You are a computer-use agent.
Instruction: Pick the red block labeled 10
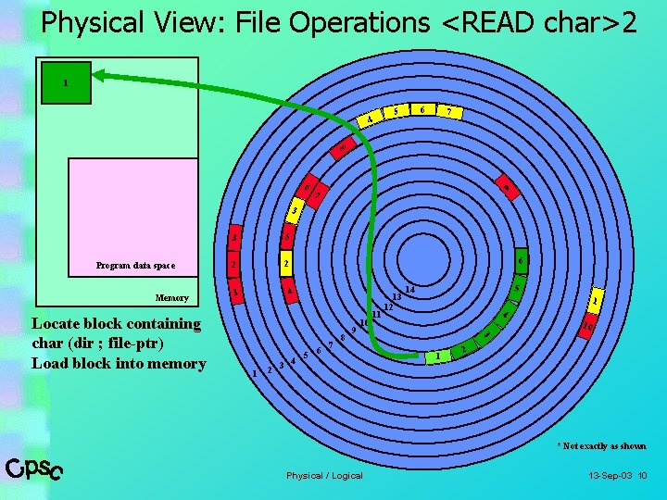pyautogui.click(x=587, y=324)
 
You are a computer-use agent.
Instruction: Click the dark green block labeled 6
pyautogui.click(x=521, y=261)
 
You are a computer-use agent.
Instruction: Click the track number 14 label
pyautogui.click(x=410, y=291)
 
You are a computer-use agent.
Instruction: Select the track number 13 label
pyautogui.click(x=396, y=297)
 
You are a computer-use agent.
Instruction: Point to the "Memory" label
pyautogui.click(x=171, y=298)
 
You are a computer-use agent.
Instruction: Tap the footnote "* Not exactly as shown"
pyautogui.click(x=601, y=446)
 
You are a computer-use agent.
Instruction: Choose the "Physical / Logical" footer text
pyautogui.click(x=324, y=476)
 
